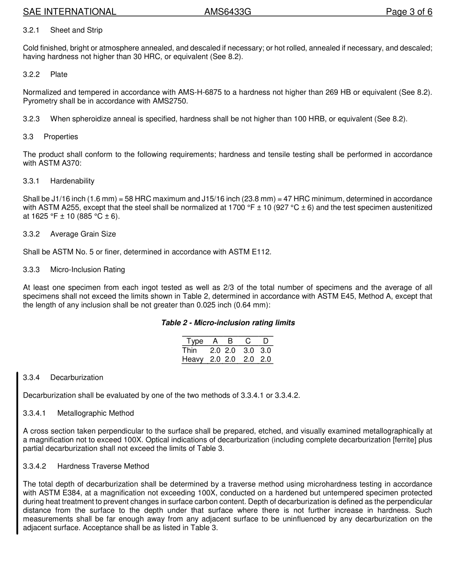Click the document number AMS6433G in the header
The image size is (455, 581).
(x=227, y=12)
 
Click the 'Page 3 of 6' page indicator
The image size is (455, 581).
(x=409, y=12)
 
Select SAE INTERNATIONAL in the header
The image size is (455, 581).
(x=69, y=12)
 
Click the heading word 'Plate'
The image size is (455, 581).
(x=59, y=74)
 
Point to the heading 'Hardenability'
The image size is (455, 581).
(x=72, y=181)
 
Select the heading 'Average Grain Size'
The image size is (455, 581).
(x=83, y=234)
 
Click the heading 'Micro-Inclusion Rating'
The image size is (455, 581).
(x=88, y=270)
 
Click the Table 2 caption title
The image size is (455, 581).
(x=228, y=323)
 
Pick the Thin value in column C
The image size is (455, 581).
(x=249, y=351)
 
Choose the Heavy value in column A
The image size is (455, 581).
(x=215, y=359)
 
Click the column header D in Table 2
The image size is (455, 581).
(x=266, y=341)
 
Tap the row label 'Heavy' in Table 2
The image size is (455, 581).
(x=193, y=359)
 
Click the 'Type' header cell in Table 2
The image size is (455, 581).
(x=195, y=341)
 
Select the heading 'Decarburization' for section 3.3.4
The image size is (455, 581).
(x=77, y=377)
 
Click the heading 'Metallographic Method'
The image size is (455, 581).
(x=95, y=413)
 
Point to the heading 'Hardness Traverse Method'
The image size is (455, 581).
(x=103, y=466)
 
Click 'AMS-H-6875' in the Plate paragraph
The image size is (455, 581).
(x=199, y=92)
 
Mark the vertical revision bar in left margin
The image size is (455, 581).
(x=17, y=453)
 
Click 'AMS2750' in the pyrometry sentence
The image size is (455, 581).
(x=171, y=101)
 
